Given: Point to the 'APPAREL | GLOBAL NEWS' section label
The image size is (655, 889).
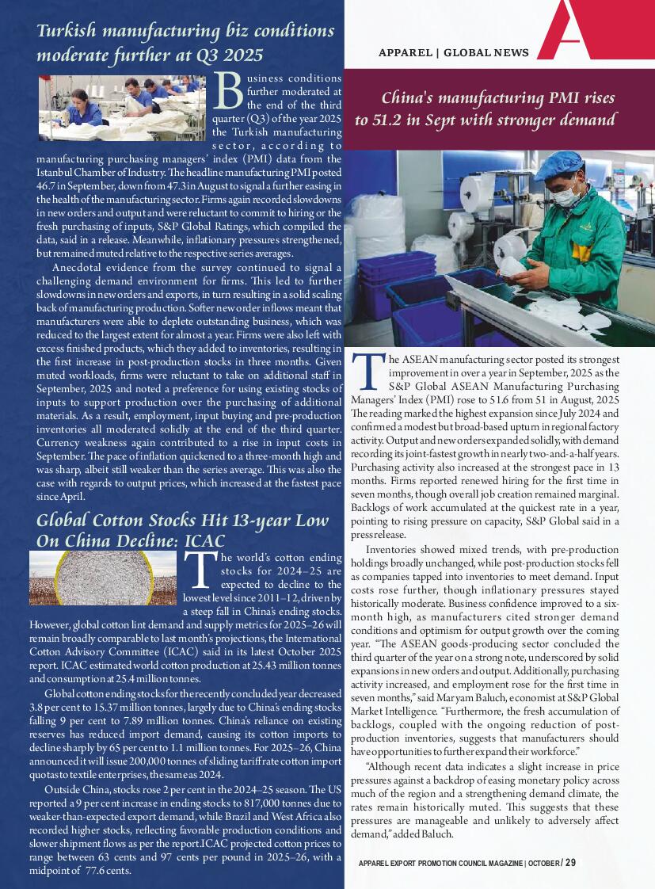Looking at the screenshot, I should coord(453,53).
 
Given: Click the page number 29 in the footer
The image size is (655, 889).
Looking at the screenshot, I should coord(570,862).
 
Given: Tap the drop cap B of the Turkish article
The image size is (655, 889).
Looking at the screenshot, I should coord(229,93).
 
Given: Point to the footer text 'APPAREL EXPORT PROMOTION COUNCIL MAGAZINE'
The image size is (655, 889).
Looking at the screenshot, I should coord(440,863).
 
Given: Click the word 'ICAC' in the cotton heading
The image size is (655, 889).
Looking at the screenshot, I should coord(204,540).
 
